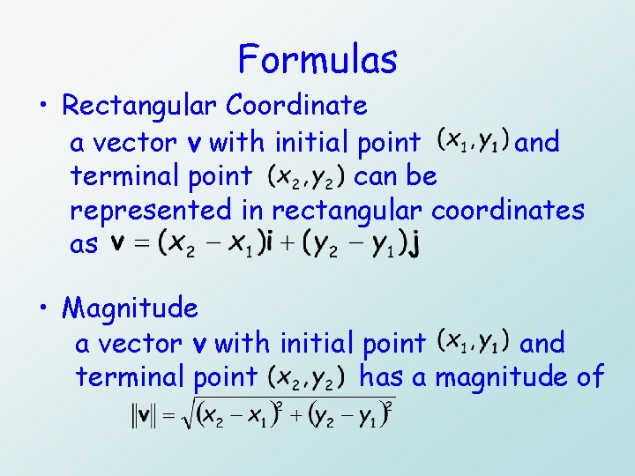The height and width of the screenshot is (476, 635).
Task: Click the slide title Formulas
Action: click(317, 60)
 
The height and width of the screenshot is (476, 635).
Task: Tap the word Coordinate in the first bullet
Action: click(296, 106)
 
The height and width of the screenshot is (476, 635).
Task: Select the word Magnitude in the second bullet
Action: click(131, 309)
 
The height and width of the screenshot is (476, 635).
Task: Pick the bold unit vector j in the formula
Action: click(414, 246)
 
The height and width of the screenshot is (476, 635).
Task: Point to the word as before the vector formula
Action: click(85, 246)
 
